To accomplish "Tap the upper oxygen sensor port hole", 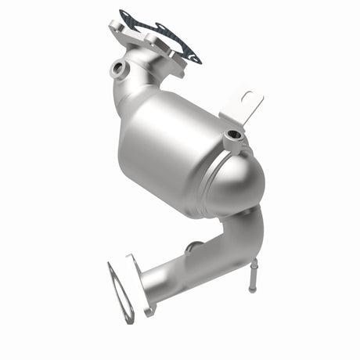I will pyautogui.click(x=118, y=68).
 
